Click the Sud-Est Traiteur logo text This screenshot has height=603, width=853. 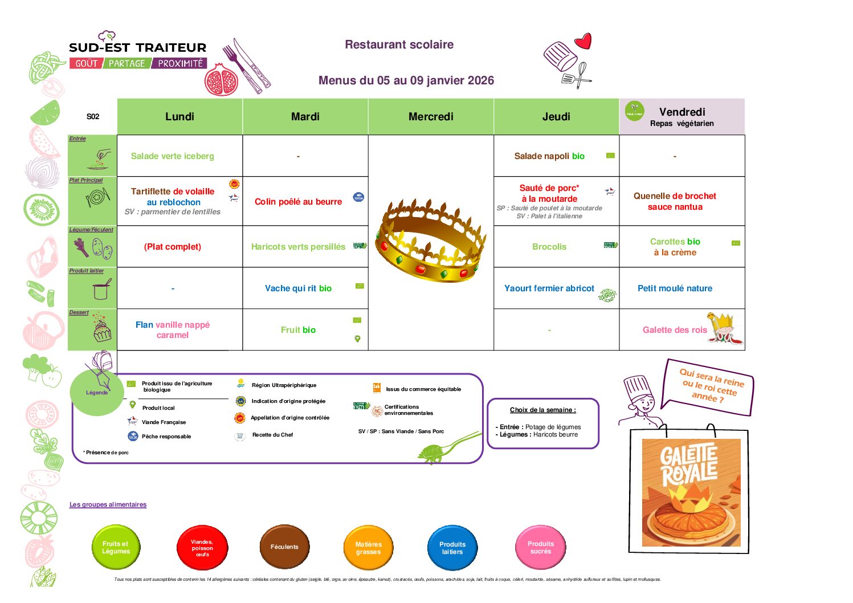click(x=137, y=48)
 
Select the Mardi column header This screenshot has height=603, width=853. click(x=305, y=117)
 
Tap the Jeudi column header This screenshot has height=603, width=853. click(x=556, y=117)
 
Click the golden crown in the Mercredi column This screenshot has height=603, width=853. click(x=430, y=239)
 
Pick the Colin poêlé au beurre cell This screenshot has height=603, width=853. click(x=298, y=202)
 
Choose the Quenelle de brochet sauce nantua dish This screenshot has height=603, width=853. click(x=675, y=201)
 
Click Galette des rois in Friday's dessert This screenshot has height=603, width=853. click(x=675, y=330)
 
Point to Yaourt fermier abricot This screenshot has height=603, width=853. click(x=549, y=288)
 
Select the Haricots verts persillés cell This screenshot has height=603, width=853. click(x=298, y=247)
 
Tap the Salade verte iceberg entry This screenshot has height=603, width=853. click(x=172, y=156)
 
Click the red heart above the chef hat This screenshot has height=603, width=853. click(x=583, y=41)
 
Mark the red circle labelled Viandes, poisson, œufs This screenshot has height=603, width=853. click(x=202, y=548)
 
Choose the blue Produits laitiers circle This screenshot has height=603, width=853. click(x=452, y=548)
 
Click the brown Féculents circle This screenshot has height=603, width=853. click(x=284, y=547)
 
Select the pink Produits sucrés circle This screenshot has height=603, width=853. click(x=540, y=548)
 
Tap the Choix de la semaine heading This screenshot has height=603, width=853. click(x=542, y=410)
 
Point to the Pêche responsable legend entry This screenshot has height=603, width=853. click(x=166, y=437)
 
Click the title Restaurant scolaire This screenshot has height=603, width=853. click(x=399, y=44)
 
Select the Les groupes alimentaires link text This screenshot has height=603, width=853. click(x=108, y=504)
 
